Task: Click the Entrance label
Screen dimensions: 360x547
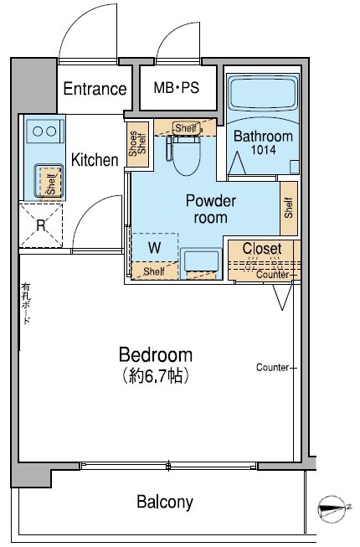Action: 95,89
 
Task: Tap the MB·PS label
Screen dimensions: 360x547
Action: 177,88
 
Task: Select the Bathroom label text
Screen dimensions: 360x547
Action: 263,136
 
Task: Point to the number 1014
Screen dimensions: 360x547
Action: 264,150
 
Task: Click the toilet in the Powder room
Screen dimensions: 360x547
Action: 187,154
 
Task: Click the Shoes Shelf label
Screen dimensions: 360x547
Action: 137,144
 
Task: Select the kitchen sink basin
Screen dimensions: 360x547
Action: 48,181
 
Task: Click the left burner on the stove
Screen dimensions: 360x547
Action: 38,132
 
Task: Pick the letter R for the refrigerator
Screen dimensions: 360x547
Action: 41,225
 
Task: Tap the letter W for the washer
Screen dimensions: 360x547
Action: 155,248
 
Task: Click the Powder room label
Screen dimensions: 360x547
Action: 211,209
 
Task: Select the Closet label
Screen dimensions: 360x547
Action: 262,249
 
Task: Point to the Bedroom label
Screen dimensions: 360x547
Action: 156,355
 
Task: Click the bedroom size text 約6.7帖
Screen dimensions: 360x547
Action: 156,376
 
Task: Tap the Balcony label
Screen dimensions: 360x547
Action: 164,503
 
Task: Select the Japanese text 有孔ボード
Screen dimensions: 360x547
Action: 26,303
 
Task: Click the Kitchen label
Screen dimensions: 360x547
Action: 95,160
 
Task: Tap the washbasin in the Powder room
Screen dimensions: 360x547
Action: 201,263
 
